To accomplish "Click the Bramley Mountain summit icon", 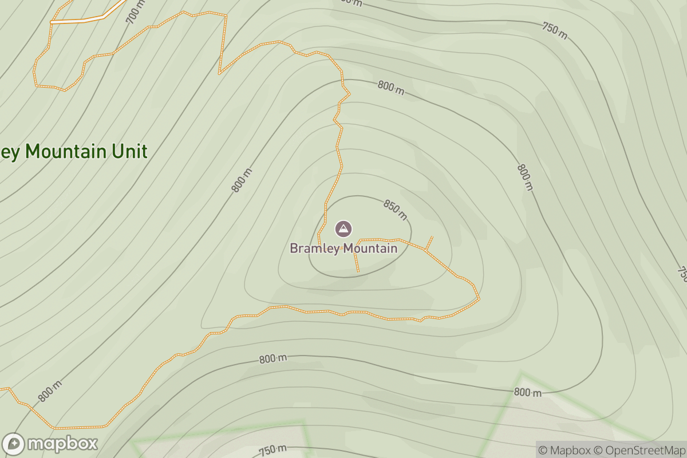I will click(x=343, y=229).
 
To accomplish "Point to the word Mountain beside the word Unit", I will click(x=66, y=152).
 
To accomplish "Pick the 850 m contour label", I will click(x=395, y=210).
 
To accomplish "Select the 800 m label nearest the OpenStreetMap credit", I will click(x=527, y=392).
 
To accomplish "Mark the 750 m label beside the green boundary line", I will click(x=273, y=449).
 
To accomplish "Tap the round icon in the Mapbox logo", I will click(x=13, y=444).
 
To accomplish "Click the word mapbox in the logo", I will click(x=62, y=444).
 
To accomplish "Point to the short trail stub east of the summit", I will click(x=429, y=242).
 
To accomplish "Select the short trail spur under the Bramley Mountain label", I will click(x=357, y=262).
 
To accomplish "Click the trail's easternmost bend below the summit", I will click(x=479, y=297).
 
